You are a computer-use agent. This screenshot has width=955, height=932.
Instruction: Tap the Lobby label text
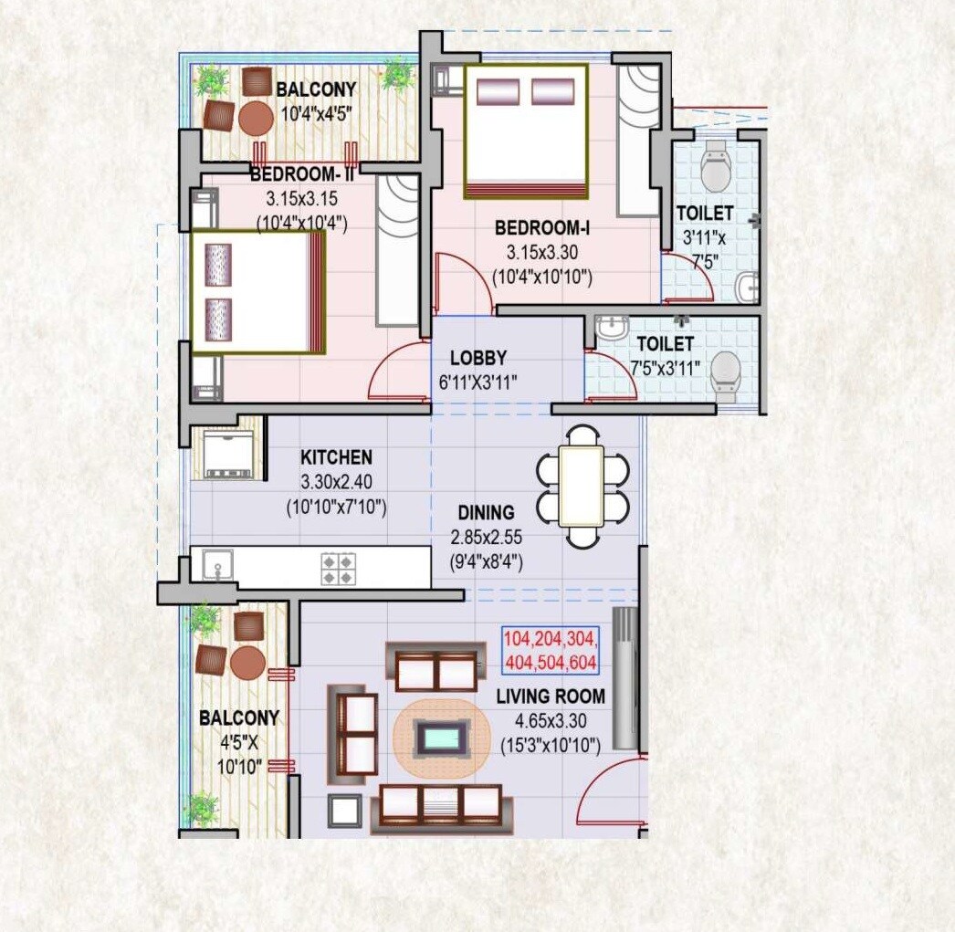(x=477, y=359)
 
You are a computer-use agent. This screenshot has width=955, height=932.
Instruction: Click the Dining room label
(x=486, y=513)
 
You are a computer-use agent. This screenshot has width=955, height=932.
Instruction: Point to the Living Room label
(x=551, y=697)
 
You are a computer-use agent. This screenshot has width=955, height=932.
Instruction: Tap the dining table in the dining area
(x=582, y=486)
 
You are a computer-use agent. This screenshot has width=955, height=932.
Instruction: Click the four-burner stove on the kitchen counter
(x=338, y=567)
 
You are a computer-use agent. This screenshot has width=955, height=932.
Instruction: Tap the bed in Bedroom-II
(x=257, y=292)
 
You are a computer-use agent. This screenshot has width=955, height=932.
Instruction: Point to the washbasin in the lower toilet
(x=609, y=328)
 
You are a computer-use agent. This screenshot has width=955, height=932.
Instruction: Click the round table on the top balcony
(x=255, y=119)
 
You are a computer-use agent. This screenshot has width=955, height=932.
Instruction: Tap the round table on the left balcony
(x=247, y=664)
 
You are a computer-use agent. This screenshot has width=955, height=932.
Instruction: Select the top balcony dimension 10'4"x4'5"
(x=316, y=115)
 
